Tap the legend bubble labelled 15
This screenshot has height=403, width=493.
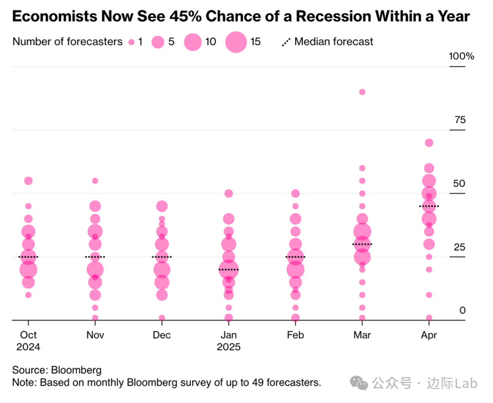236,42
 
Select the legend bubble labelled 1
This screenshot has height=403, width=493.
131,42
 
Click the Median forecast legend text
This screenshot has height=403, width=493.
334,42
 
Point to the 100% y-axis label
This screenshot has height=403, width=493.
462,56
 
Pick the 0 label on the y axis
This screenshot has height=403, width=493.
462,310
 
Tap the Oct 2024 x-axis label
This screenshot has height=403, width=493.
28,341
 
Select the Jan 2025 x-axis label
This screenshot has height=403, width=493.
228,341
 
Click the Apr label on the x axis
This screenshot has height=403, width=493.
429,335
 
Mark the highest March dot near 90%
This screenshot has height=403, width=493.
362,92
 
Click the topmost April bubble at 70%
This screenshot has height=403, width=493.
429,143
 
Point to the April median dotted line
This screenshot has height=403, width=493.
429,206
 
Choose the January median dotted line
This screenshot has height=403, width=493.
228,270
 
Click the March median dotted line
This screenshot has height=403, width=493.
362,244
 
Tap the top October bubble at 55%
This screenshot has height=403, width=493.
28,180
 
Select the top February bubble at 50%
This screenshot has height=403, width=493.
295,193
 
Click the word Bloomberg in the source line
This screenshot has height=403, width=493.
76,370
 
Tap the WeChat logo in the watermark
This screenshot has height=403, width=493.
362,383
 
